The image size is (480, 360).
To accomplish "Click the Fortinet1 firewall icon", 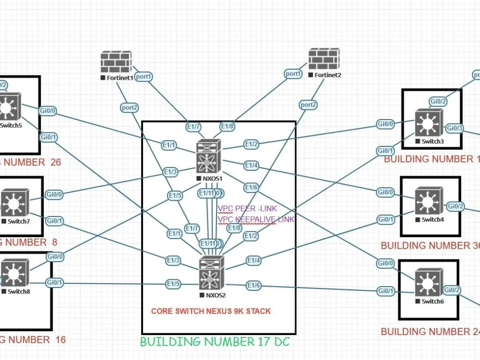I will click(x=116, y=62).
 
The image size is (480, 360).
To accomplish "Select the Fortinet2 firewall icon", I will click(x=324, y=59).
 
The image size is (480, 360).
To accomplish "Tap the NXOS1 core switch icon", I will click(x=208, y=156).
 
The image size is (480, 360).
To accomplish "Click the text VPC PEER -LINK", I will click(x=243, y=209).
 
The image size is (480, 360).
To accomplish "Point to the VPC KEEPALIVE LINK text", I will click(x=256, y=219).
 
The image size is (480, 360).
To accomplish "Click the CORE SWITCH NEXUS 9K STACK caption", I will click(x=211, y=311).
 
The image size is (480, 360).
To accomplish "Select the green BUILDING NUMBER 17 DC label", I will click(x=215, y=342).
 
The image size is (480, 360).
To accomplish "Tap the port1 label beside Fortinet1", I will click(x=144, y=76).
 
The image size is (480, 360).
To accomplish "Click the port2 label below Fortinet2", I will click(x=308, y=105).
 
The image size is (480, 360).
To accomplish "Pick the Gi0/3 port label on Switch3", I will click(x=455, y=128).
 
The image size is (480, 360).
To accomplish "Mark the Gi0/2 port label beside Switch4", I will click(x=456, y=206).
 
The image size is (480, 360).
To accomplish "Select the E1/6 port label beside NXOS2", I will click(x=253, y=286).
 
